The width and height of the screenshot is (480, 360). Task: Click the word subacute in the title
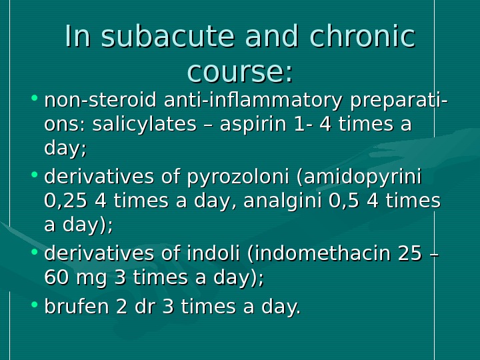click(154, 37)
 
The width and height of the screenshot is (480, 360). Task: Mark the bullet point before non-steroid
click(34, 102)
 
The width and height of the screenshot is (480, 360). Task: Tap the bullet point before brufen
click(34, 307)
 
